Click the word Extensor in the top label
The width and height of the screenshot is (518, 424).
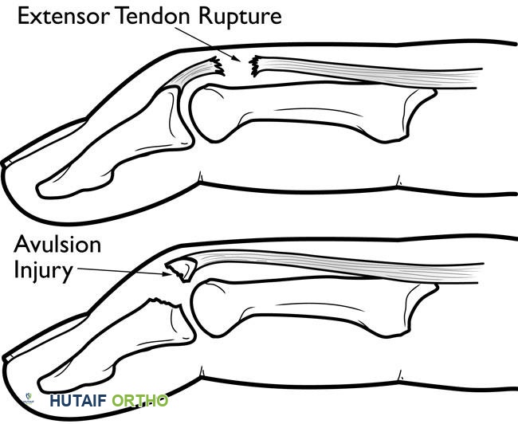pyautogui.click(x=64, y=15)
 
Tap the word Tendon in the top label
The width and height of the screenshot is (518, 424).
pyautogui.click(x=154, y=15)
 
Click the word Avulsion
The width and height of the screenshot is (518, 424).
pyautogui.click(x=57, y=244)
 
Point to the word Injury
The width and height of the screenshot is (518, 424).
pyautogui.click(x=43, y=272)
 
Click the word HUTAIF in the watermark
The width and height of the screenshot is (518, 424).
pyautogui.click(x=78, y=401)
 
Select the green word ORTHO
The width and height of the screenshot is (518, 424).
pyautogui.click(x=139, y=401)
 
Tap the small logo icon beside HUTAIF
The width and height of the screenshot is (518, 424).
pyautogui.click(x=29, y=398)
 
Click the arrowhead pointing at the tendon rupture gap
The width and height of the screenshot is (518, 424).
pyautogui.click(x=237, y=59)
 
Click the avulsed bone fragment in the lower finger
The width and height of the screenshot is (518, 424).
pyautogui.click(x=182, y=269)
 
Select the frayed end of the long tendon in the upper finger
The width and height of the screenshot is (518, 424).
pyautogui.click(x=254, y=66)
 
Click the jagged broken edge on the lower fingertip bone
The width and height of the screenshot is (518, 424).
pyautogui.click(x=164, y=302)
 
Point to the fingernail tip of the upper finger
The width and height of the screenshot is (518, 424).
pyautogui.click(x=6, y=163)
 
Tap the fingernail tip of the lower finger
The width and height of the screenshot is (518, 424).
pyautogui.click(x=7, y=358)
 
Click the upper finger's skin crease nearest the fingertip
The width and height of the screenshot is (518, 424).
pyautogui.click(x=200, y=177)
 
